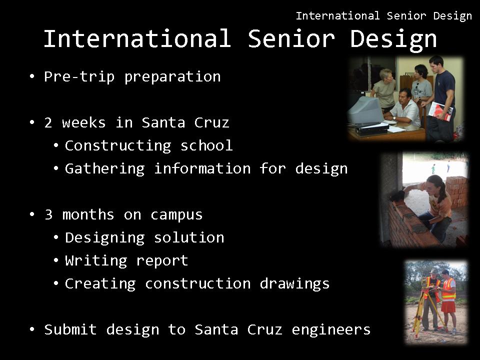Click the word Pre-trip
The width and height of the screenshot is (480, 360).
pyautogui.click(x=79, y=76)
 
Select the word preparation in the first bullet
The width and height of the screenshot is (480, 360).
pyautogui.click(x=172, y=77)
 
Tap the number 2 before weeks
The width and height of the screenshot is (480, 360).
pyautogui.click(x=48, y=123)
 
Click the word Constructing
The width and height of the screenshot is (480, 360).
pyautogui.click(x=118, y=145)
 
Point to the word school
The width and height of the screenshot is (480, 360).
pyautogui.click(x=206, y=145)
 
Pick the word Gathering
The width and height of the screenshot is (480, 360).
pyautogui.click(x=104, y=168)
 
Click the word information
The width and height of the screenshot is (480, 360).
pyautogui.click(x=202, y=168)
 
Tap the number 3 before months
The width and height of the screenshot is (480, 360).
pyautogui.click(x=48, y=214)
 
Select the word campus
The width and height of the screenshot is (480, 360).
pyautogui.click(x=176, y=215)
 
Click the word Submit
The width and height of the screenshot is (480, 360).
pyautogui.click(x=70, y=329)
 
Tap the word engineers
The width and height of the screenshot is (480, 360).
pyautogui.click(x=331, y=330)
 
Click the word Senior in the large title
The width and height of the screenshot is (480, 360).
pyautogui.click(x=291, y=38)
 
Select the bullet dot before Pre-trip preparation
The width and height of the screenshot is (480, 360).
pyautogui.click(x=32, y=76)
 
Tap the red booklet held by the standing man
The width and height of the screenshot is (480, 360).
pyautogui.click(x=441, y=111)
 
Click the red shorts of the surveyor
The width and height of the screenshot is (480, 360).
pyautogui.click(x=448, y=306)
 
